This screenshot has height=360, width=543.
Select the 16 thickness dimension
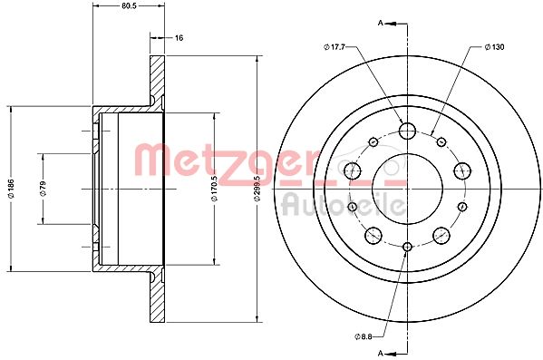coord(179,38)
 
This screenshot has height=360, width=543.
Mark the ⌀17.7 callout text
coord(335,46)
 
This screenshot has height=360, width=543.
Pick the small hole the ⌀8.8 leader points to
coord(407,247)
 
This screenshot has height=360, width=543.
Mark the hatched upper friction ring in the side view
coord(156,82)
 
